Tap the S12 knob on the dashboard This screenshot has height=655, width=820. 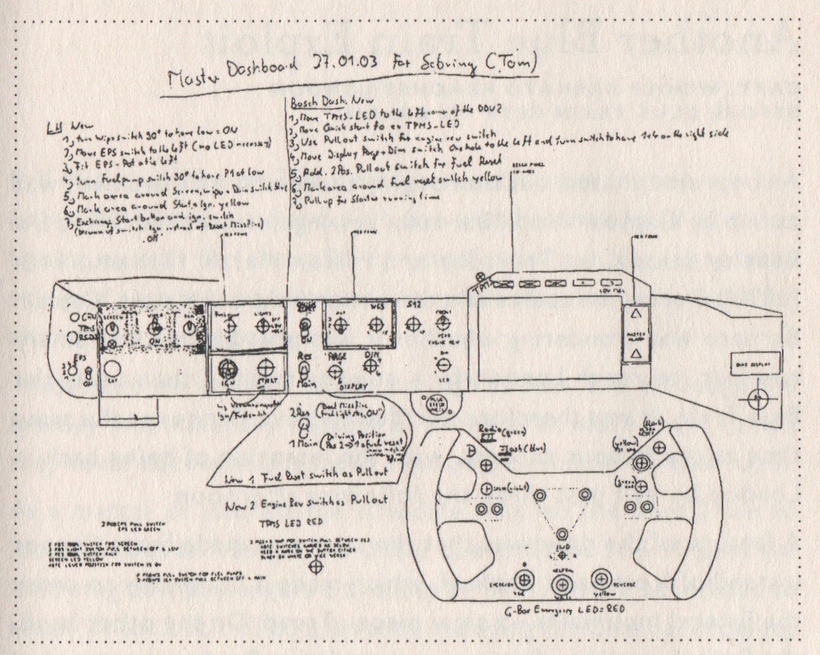[413, 323]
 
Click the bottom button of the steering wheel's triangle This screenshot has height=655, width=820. [561, 533]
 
